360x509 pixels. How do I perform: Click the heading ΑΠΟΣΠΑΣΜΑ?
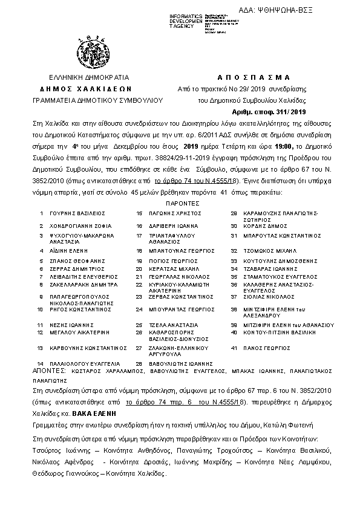pyautogui.click(x=253, y=77)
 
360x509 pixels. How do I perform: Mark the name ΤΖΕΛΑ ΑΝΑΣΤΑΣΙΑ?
pyautogui.click(x=172, y=325)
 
